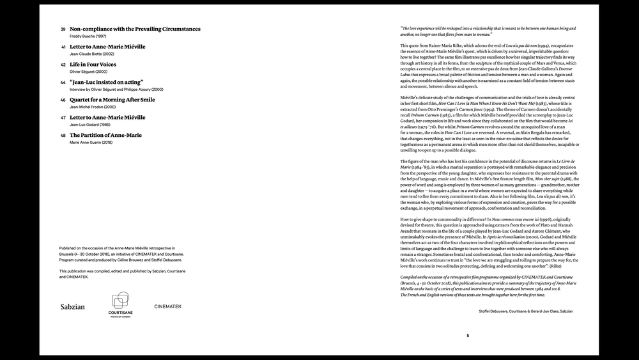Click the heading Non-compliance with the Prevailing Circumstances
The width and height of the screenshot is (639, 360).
135,29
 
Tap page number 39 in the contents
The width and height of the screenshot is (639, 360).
63,29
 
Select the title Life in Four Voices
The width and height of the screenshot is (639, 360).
93,65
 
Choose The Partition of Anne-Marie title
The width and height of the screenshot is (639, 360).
105,135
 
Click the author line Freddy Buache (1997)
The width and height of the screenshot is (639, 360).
88,36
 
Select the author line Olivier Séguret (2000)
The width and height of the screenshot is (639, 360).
89,72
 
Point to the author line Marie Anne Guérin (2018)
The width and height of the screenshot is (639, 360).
94,143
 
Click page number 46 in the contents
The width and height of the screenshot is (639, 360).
63,100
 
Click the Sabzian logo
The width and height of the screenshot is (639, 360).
72,307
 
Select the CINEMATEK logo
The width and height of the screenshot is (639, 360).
167,307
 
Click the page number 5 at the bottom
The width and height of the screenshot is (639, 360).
467,335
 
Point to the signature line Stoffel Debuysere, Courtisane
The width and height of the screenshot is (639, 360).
525,311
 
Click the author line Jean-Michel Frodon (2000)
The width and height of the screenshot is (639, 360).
93,107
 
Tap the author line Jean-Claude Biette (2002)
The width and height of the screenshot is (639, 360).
91,54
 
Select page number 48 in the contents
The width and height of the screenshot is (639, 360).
63,136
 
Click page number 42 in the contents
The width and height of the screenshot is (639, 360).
63,65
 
